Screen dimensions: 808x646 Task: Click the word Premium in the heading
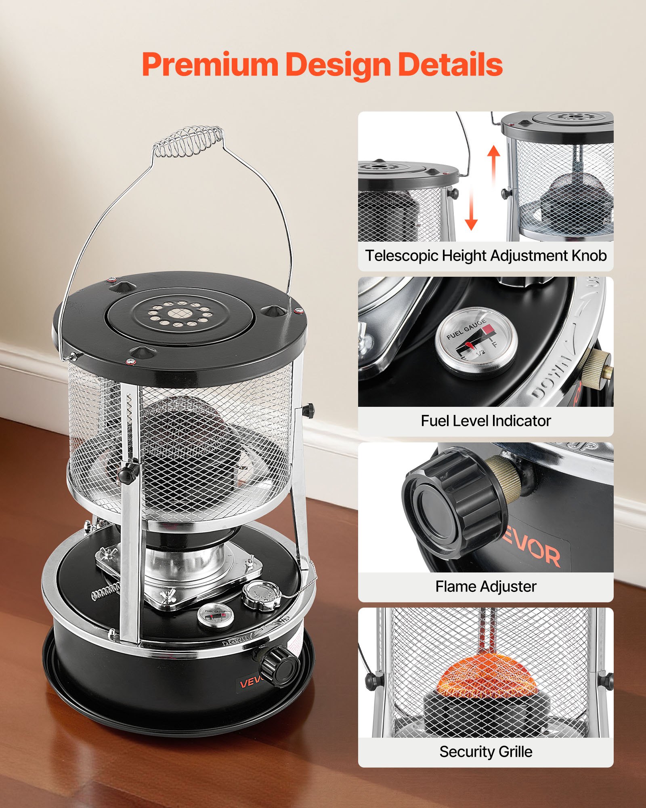click(210, 65)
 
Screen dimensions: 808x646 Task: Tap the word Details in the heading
click(450, 65)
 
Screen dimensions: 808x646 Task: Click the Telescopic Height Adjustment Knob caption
click(486, 256)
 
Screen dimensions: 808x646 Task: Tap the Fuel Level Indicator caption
click(486, 421)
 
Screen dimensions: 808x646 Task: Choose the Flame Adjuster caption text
click(486, 586)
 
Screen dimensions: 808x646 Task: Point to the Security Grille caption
click(486, 752)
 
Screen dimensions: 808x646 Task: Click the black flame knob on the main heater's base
click(279, 667)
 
